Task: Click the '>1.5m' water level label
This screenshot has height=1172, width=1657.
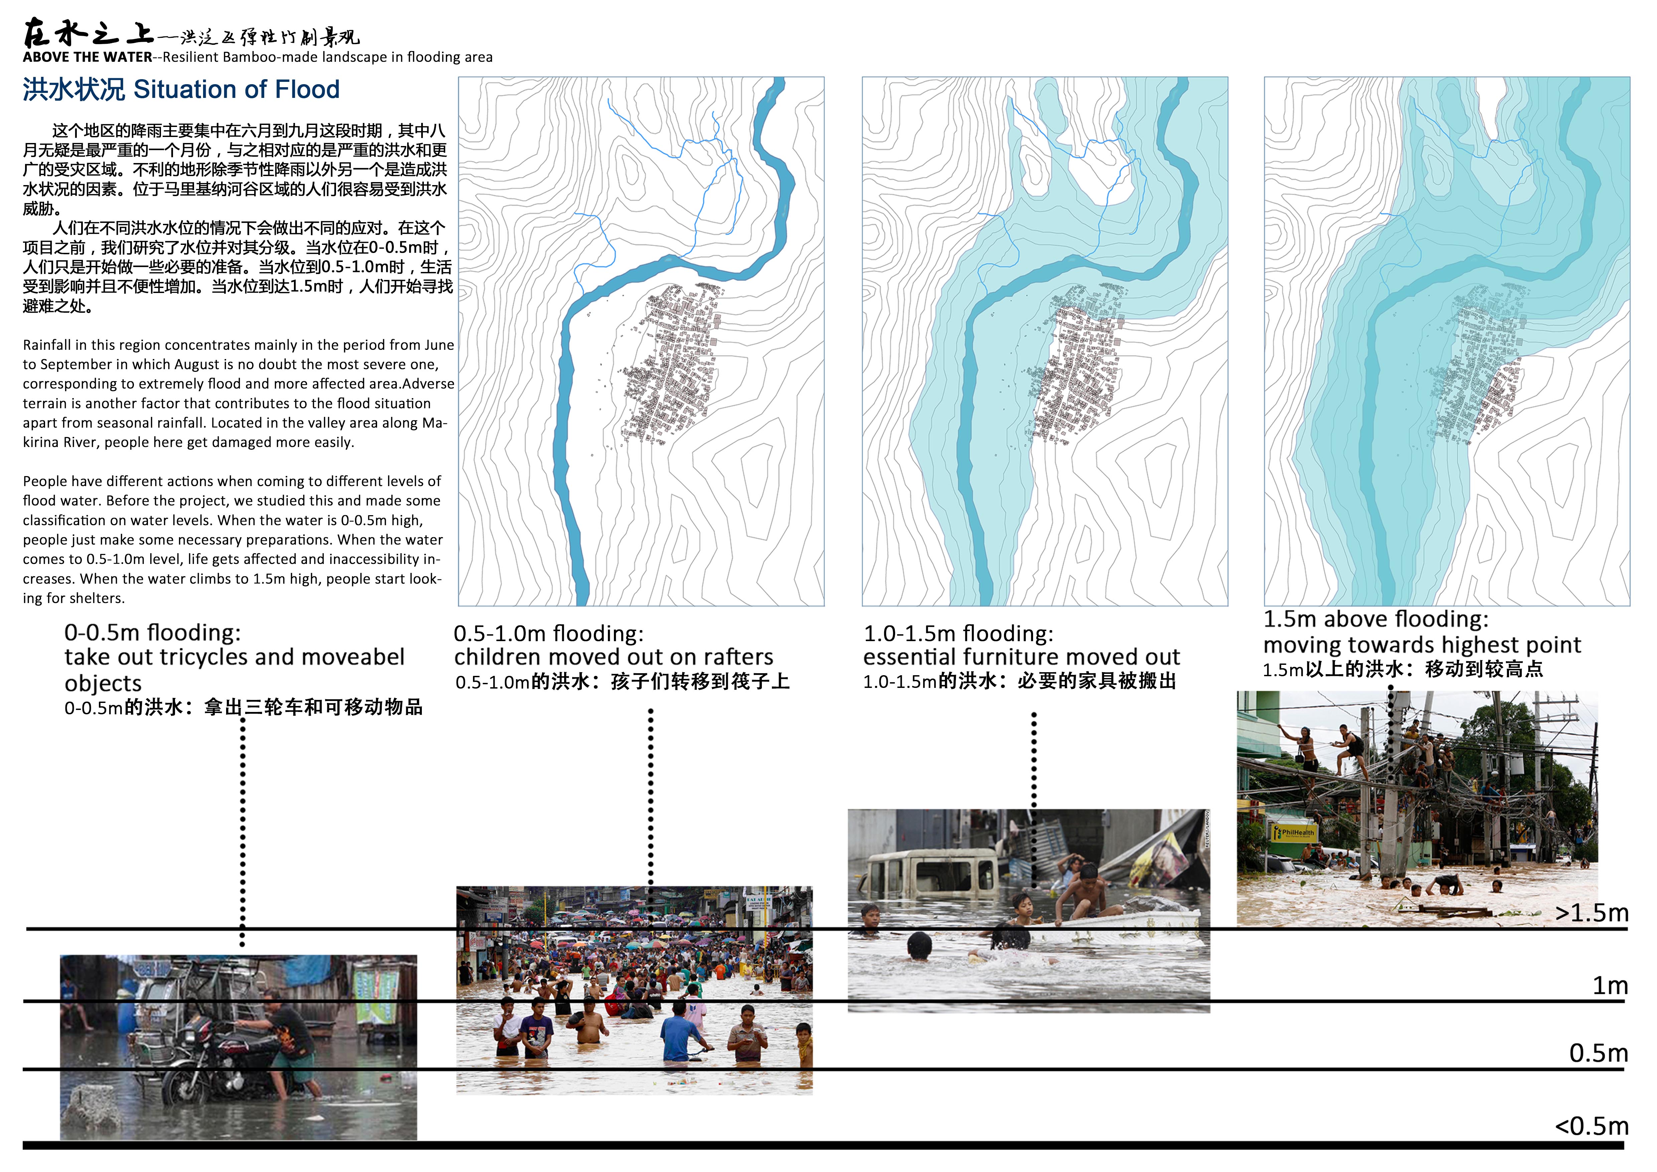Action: click(x=1592, y=913)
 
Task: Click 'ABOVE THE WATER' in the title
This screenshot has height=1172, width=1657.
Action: click(x=87, y=57)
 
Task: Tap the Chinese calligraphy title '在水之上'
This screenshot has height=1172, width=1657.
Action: click(x=88, y=33)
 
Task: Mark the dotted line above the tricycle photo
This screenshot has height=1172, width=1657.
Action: click(x=242, y=830)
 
